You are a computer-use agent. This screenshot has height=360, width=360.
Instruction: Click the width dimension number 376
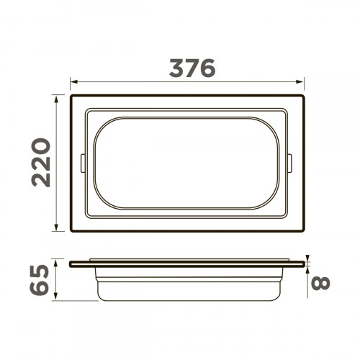[x=192, y=68]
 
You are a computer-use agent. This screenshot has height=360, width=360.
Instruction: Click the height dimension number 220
[x=42, y=162]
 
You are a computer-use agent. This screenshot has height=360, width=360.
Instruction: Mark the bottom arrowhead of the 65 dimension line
[x=58, y=300]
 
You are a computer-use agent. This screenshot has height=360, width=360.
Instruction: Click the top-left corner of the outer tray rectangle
[x=71, y=94]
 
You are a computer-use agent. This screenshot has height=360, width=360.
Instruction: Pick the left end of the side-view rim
[x=71, y=264]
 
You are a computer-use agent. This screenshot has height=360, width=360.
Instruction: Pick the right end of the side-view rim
[x=304, y=264]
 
